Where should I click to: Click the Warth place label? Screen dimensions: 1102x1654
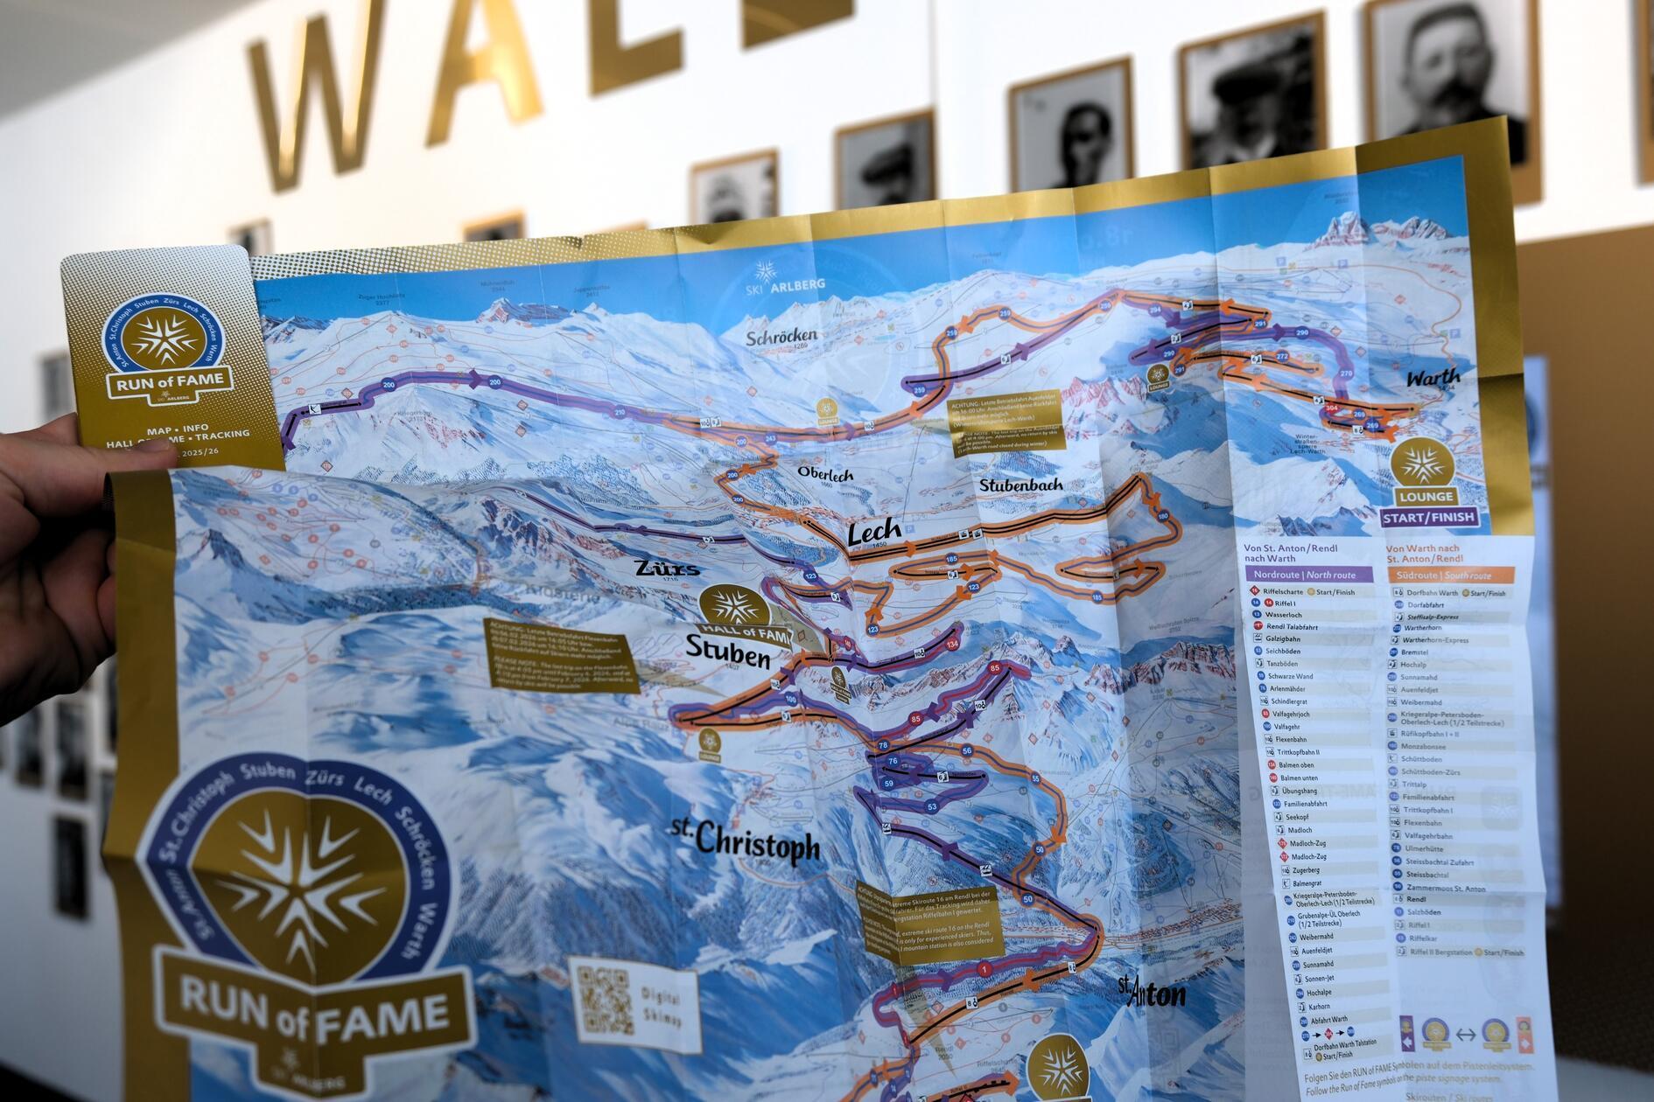pyautogui.click(x=1433, y=378)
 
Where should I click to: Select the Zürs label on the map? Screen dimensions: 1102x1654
pyautogui.click(x=668, y=568)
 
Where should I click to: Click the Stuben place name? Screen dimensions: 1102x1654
pyautogui.click(x=727, y=652)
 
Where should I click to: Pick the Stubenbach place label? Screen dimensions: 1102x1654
pyautogui.click(x=1020, y=484)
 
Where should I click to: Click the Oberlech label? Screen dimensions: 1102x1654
pyautogui.click(x=824, y=473)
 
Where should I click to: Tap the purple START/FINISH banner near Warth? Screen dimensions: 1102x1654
pyautogui.click(x=1428, y=517)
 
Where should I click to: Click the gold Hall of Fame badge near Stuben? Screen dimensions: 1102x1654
pyautogui.click(x=733, y=609)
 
